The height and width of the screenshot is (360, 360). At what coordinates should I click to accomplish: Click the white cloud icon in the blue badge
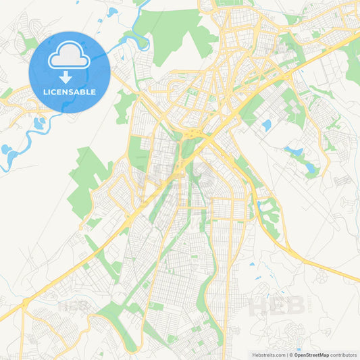[69, 57]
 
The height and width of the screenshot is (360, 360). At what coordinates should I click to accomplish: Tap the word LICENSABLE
[69, 91]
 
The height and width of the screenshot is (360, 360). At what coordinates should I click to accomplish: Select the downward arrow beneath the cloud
[69, 76]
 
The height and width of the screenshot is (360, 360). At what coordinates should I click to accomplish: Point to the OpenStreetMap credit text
[311, 354]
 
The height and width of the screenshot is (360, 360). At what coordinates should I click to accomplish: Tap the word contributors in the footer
[344, 354]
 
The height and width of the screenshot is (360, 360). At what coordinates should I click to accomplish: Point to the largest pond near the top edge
[112, 13]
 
